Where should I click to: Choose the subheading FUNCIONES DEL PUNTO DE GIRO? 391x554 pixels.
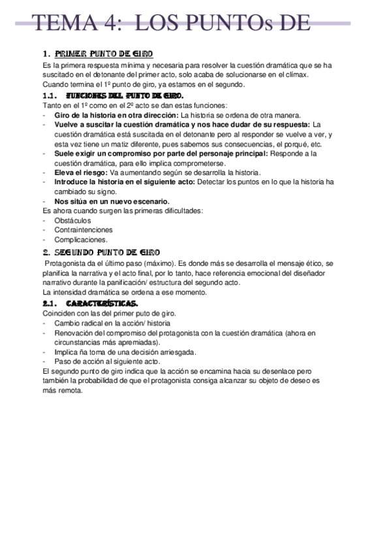click(x=128, y=95)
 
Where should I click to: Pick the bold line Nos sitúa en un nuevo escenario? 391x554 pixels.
click(x=112, y=201)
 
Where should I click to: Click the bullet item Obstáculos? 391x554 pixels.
click(x=72, y=220)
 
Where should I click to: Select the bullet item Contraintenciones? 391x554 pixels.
click(x=84, y=230)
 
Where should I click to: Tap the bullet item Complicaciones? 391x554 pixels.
click(x=81, y=240)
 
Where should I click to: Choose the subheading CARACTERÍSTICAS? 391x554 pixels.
click(x=102, y=303)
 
